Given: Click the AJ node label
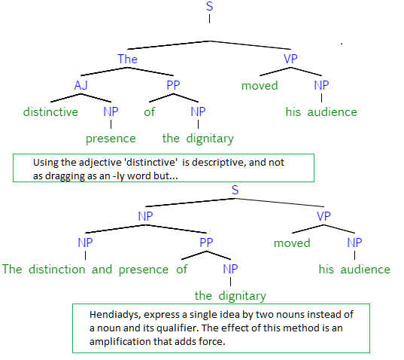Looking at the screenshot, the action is pos(81,85).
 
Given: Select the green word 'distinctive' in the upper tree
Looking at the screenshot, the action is pos(50,112).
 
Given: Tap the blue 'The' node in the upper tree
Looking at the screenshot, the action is pos(127,59).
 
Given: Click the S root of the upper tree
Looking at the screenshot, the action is pos(209,6).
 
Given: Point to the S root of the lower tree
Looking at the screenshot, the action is pos(235,190).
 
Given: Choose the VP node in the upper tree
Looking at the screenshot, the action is pos(290,59).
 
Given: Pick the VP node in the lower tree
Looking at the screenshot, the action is pos(324,216).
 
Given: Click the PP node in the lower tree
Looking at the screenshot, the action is pos(206,243).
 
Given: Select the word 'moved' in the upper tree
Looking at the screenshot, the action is pos(260,86).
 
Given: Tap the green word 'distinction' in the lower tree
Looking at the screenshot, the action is pos(57,269).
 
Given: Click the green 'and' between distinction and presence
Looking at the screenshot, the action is pos(102,270).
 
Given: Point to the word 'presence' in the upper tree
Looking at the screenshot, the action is pos(111,139).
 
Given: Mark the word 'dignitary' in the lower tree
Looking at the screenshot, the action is pos(242,296).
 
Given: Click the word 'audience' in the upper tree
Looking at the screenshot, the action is pos(333,112).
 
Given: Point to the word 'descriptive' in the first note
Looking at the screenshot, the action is pos(218,163).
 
